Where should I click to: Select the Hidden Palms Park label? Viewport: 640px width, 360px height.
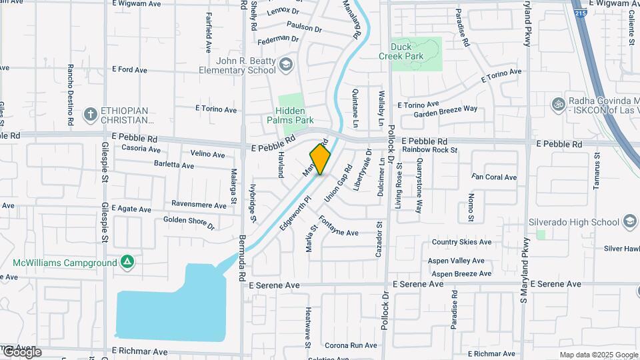pos(291,115)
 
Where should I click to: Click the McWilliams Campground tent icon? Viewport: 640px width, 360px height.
pos(127,262)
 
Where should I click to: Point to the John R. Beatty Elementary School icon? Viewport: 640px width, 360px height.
pos(286,65)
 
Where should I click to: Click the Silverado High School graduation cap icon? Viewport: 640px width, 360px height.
pos(630,222)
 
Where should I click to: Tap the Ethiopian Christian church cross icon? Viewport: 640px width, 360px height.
pos(90,114)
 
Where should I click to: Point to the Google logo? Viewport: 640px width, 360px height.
pos(21,352)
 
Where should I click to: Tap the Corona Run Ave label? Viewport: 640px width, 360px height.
pos(351,345)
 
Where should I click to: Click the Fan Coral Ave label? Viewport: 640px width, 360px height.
pos(494,177)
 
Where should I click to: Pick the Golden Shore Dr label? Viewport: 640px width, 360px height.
pos(189,222)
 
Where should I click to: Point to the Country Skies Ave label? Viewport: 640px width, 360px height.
pos(461,242)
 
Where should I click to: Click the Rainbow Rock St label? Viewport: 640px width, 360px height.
pos(430,150)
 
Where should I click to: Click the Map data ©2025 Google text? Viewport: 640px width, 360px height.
pos(598,355)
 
